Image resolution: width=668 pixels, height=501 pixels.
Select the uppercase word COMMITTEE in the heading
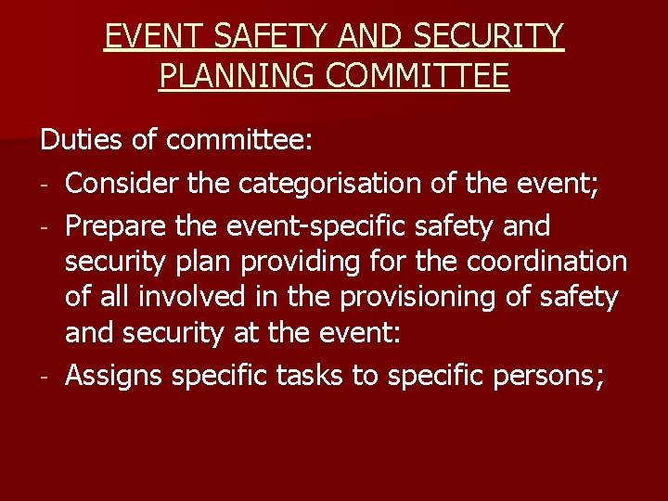pyautogui.click(x=429, y=75)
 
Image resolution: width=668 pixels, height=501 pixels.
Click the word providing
pyautogui.click(x=296, y=262)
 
